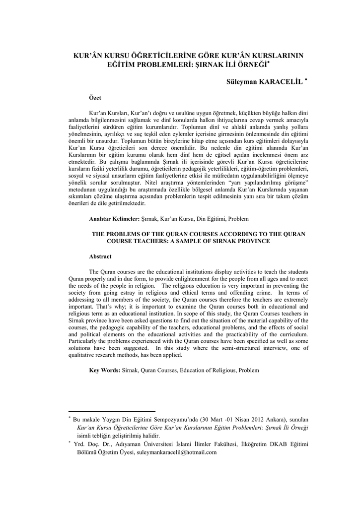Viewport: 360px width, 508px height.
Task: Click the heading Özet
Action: coord(95,98)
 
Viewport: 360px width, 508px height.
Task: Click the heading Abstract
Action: coord(100,256)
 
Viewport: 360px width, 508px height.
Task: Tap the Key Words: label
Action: coord(104,370)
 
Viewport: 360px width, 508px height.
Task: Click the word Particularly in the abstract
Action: coord(83,342)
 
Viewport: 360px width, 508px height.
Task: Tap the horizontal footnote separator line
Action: coord(112,411)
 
